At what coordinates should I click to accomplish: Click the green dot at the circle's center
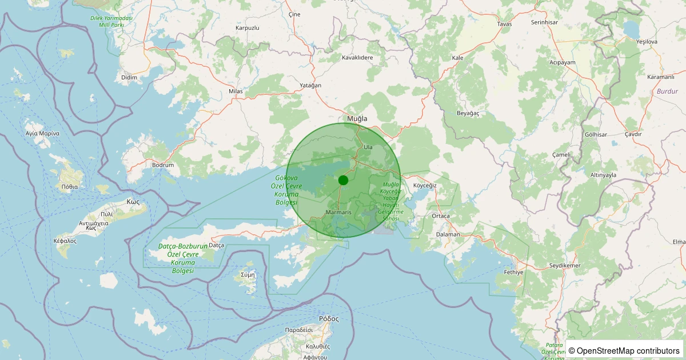click(343, 180)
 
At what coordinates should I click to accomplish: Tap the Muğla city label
click(357, 119)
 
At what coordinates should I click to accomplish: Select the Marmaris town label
click(337, 212)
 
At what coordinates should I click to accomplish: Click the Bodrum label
click(162, 165)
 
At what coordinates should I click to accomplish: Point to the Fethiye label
click(513, 272)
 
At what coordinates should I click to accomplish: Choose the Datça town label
click(217, 245)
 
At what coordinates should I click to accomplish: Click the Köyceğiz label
click(425, 186)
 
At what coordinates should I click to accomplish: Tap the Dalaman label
click(448, 234)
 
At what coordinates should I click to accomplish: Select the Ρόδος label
click(329, 319)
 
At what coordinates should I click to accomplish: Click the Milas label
click(236, 91)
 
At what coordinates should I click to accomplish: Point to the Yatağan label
click(310, 85)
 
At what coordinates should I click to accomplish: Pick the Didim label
click(130, 77)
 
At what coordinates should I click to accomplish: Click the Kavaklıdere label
click(357, 58)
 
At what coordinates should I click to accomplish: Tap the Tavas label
click(504, 24)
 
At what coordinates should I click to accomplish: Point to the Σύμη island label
click(248, 274)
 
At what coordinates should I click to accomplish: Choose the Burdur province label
click(667, 91)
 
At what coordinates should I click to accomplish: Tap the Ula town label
click(368, 147)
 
